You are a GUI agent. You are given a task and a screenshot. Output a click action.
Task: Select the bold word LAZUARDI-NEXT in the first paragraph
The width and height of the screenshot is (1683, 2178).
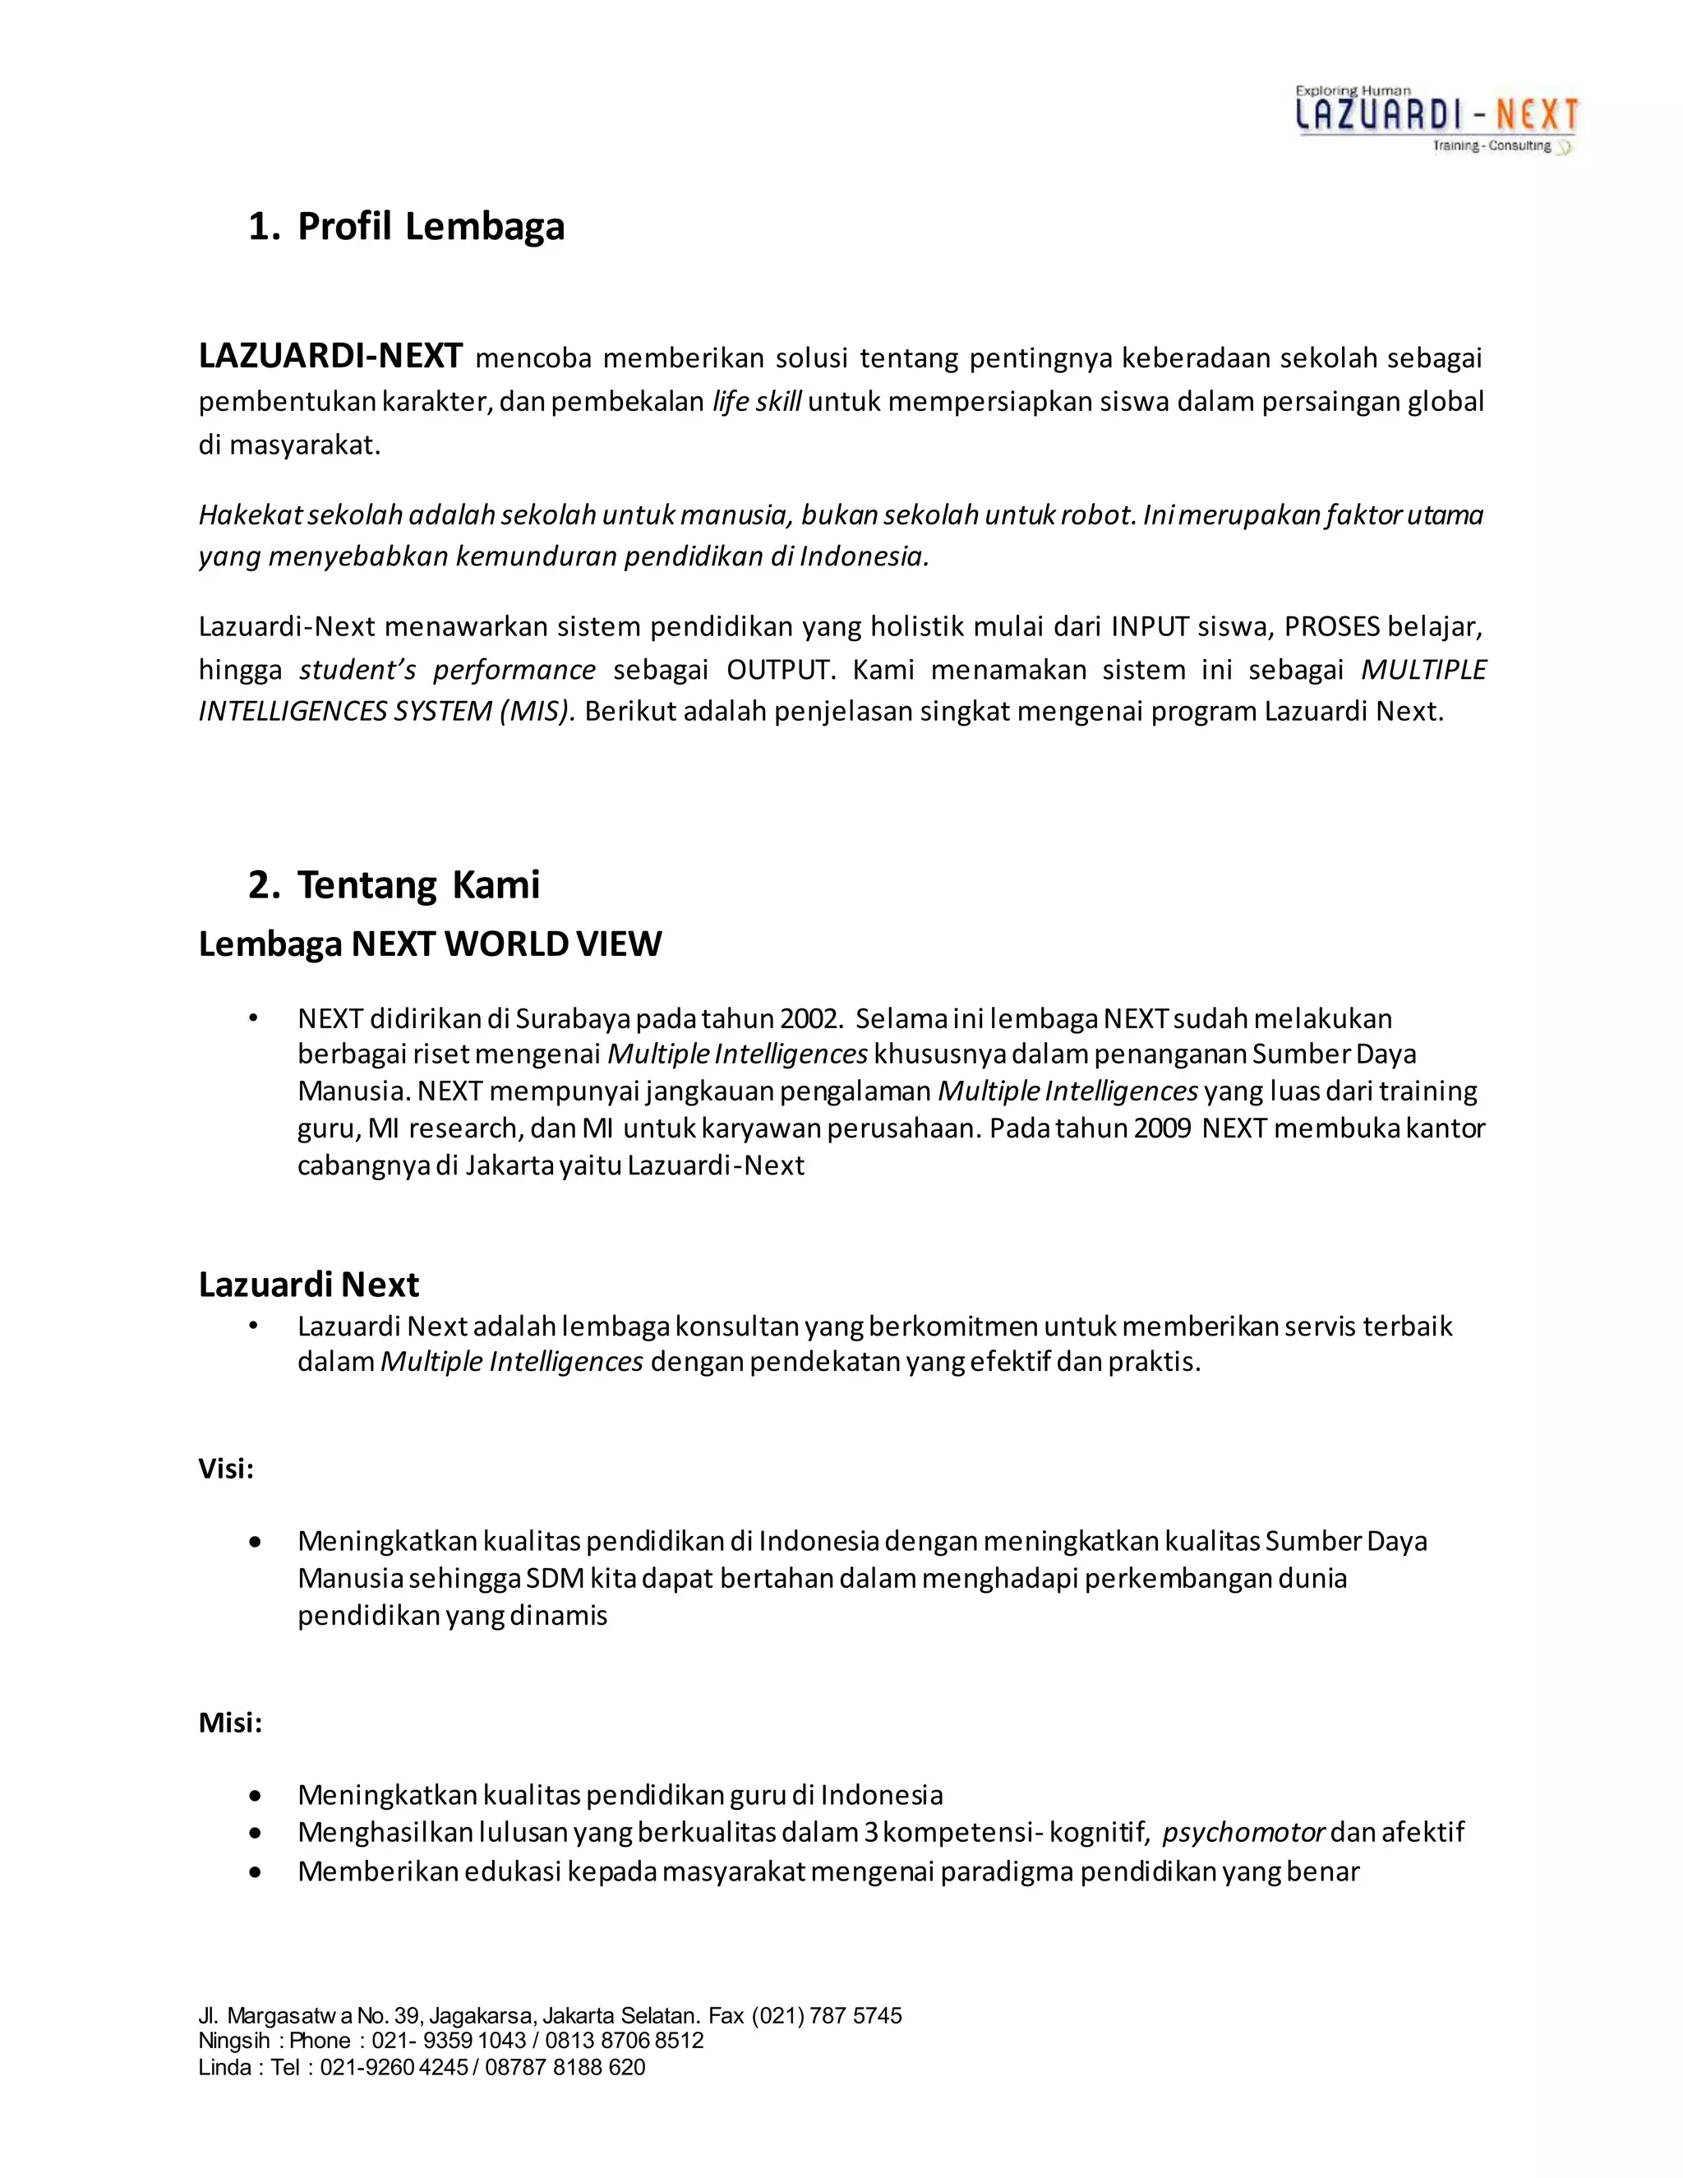click(x=330, y=356)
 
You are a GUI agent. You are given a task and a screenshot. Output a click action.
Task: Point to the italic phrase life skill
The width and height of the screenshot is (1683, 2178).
click(x=757, y=402)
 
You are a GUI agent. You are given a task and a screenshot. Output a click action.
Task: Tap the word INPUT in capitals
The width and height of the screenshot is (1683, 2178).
click(x=1150, y=627)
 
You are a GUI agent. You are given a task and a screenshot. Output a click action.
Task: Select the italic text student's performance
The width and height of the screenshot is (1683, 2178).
click(x=447, y=670)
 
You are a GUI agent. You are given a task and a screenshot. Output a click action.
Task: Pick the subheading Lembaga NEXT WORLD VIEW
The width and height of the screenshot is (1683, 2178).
click(x=430, y=944)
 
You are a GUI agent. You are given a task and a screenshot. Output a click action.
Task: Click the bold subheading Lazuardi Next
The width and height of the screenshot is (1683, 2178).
click(x=308, y=1285)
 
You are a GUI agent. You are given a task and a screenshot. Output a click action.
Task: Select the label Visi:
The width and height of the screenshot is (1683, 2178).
click(x=226, y=1469)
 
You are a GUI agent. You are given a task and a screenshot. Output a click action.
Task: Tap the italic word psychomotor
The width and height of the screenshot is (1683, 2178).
click(x=1243, y=1832)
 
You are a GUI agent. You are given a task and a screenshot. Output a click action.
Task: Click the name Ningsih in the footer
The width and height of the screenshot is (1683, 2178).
click(x=233, y=2041)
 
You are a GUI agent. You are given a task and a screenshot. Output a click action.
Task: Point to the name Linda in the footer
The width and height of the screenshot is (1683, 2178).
click(x=224, y=2067)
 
